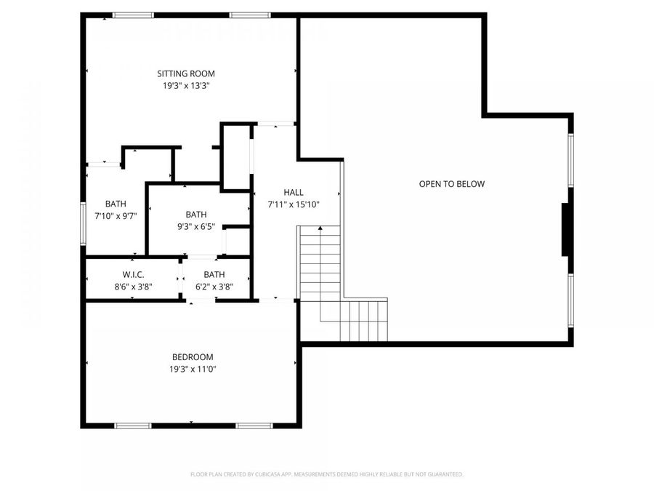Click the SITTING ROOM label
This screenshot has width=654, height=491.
pos(186,73)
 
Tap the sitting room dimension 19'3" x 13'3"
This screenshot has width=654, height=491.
pos(186,86)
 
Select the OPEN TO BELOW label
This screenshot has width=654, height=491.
pos(451,184)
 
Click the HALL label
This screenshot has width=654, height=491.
pos(294,192)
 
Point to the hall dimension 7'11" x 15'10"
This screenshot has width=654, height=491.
pos(294,204)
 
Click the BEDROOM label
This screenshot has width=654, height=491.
pos(193,357)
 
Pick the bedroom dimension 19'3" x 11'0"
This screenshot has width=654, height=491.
pos(193,369)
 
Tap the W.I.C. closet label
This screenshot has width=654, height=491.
pos(133,274)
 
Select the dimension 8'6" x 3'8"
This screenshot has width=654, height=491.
pos(133,287)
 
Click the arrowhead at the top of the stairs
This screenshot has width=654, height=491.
pos(320,229)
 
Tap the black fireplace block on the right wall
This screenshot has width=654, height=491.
pos(565,230)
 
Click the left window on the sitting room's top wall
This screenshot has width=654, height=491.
pos(133,15)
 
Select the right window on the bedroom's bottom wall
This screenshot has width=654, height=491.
pos(254,425)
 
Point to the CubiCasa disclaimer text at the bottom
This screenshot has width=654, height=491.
pos(326,474)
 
